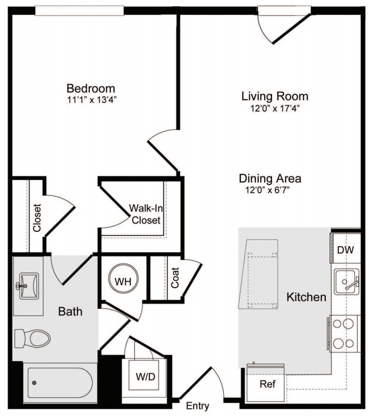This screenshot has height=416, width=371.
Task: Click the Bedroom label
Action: (x=91, y=88)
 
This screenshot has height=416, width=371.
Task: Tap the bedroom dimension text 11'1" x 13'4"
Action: (x=92, y=100)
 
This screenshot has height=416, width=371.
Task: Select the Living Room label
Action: (x=275, y=96)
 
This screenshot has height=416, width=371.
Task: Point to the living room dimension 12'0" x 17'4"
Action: (x=275, y=108)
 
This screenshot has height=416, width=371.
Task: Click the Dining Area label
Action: (x=270, y=178)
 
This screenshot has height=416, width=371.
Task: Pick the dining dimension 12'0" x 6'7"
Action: (x=267, y=190)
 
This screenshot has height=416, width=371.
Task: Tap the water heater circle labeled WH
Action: (x=123, y=278)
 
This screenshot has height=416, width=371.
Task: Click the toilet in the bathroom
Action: (x=32, y=339)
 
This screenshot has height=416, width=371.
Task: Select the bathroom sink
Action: (x=29, y=286)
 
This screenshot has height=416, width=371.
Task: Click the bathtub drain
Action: (x=34, y=382)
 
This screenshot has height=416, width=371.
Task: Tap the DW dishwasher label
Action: (x=345, y=250)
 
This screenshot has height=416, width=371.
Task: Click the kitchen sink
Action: (x=346, y=282)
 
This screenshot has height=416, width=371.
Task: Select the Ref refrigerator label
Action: (x=268, y=384)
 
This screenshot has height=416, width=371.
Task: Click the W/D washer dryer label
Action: (x=145, y=377)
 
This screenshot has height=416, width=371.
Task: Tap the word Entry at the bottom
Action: (x=197, y=405)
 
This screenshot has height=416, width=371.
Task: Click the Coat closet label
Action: (x=175, y=277)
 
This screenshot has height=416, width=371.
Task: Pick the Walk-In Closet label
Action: (x=146, y=214)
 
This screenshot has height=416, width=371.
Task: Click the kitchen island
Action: (x=258, y=274)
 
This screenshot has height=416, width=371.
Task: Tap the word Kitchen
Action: (x=306, y=297)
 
